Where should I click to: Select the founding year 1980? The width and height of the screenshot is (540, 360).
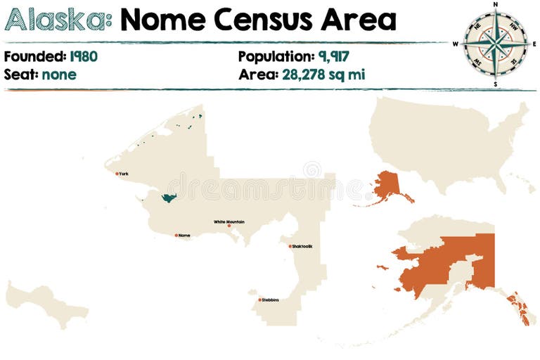coord(84,57)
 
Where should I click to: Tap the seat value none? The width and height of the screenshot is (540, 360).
coord(59,74)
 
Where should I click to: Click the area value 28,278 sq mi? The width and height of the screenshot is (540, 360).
coord(323,74)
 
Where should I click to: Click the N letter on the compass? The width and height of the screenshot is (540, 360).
coord(496,4)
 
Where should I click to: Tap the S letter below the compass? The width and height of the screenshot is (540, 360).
coord(495,84)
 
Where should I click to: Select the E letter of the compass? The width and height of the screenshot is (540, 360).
coord(534,44)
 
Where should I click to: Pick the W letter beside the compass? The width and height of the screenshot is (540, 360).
coord(456,44)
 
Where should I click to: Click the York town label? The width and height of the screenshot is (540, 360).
coord(124,173)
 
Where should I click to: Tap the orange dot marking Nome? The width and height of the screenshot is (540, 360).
coord(176,236)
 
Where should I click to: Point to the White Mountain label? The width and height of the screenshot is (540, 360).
coord(229,221)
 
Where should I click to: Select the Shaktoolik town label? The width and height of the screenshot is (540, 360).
coord(302,246)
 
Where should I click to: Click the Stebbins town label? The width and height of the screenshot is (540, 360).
coord(270,300)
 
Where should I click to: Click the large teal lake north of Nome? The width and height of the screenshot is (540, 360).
coord(167,198)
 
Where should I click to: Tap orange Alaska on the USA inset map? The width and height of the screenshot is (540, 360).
coord(387,186)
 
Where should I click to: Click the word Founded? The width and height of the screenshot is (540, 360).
coord(33,57)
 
